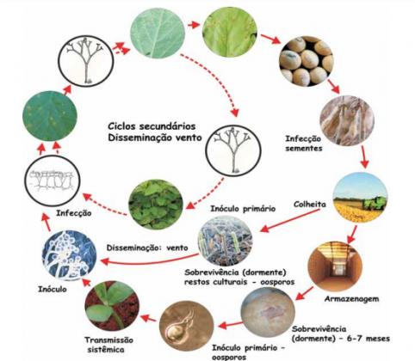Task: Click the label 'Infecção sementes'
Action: [x=304, y=144]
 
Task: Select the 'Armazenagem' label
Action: [x=351, y=299]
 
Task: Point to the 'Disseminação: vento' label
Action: [x=147, y=248]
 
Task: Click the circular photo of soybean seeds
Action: [x=307, y=61]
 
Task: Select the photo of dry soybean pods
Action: [x=347, y=120]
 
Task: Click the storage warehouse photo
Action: [x=335, y=266]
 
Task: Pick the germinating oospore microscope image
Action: [x=187, y=325]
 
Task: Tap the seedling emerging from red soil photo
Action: [x=113, y=306]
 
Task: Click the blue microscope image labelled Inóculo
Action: [x=69, y=255]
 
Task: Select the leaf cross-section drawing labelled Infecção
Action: [x=53, y=181]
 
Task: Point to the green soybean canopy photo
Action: [x=156, y=204]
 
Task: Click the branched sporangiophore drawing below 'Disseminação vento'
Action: [x=233, y=151]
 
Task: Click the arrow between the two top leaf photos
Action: [x=193, y=25]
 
